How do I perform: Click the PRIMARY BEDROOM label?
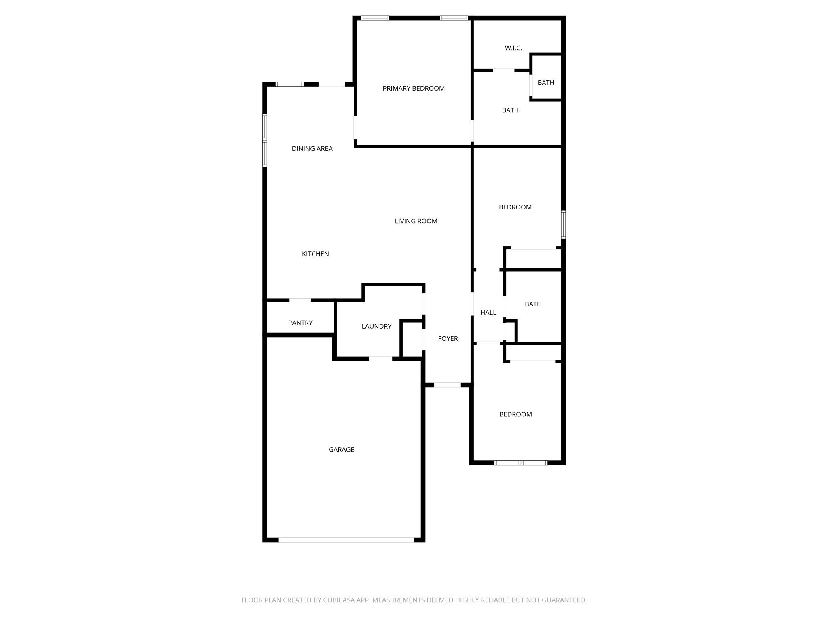click(414, 88)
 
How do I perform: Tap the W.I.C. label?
click(513, 48)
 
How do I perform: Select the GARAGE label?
click(341, 449)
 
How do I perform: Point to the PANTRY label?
click(300, 323)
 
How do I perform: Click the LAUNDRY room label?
click(376, 326)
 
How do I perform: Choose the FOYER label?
click(448, 338)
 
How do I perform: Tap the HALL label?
click(488, 312)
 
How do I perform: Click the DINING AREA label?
click(312, 148)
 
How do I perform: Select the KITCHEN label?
click(315, 254)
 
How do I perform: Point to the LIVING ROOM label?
click(416, 221)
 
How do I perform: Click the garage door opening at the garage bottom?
click(346, 540)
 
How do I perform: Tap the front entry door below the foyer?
click(447, 385)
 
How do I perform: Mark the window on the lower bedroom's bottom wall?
click(521, 463)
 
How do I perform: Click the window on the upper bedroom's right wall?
click(563, 224)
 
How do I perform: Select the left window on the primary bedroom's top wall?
click(375, 18)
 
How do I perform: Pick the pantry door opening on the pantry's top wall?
click(300, 300)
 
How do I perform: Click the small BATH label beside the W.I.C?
click(546, 82)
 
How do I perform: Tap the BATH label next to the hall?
click(533, 304)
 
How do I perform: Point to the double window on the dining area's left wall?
click(265, 140)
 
